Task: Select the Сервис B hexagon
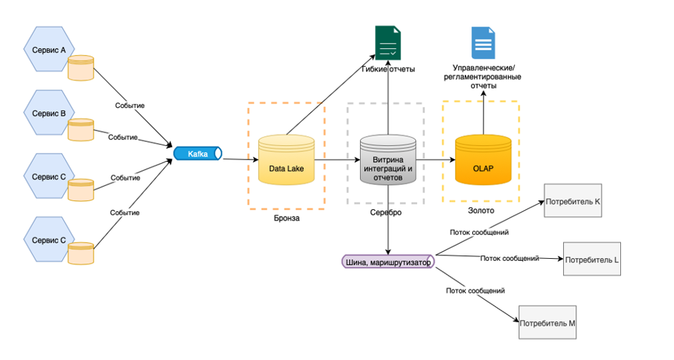[48, 113]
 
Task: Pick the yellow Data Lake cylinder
[286, 160]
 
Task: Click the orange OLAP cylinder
[483, 160]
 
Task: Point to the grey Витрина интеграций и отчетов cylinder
[387, 162]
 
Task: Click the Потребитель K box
[572, 202]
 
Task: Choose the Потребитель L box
[591, 260]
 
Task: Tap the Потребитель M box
[547, 323]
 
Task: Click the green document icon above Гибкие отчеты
[388, 44]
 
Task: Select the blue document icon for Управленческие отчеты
[483, 43]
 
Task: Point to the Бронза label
[285, 218]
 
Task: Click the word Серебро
[387, 213]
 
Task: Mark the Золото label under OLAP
[481, 211]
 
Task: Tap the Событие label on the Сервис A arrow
[128, 106]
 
